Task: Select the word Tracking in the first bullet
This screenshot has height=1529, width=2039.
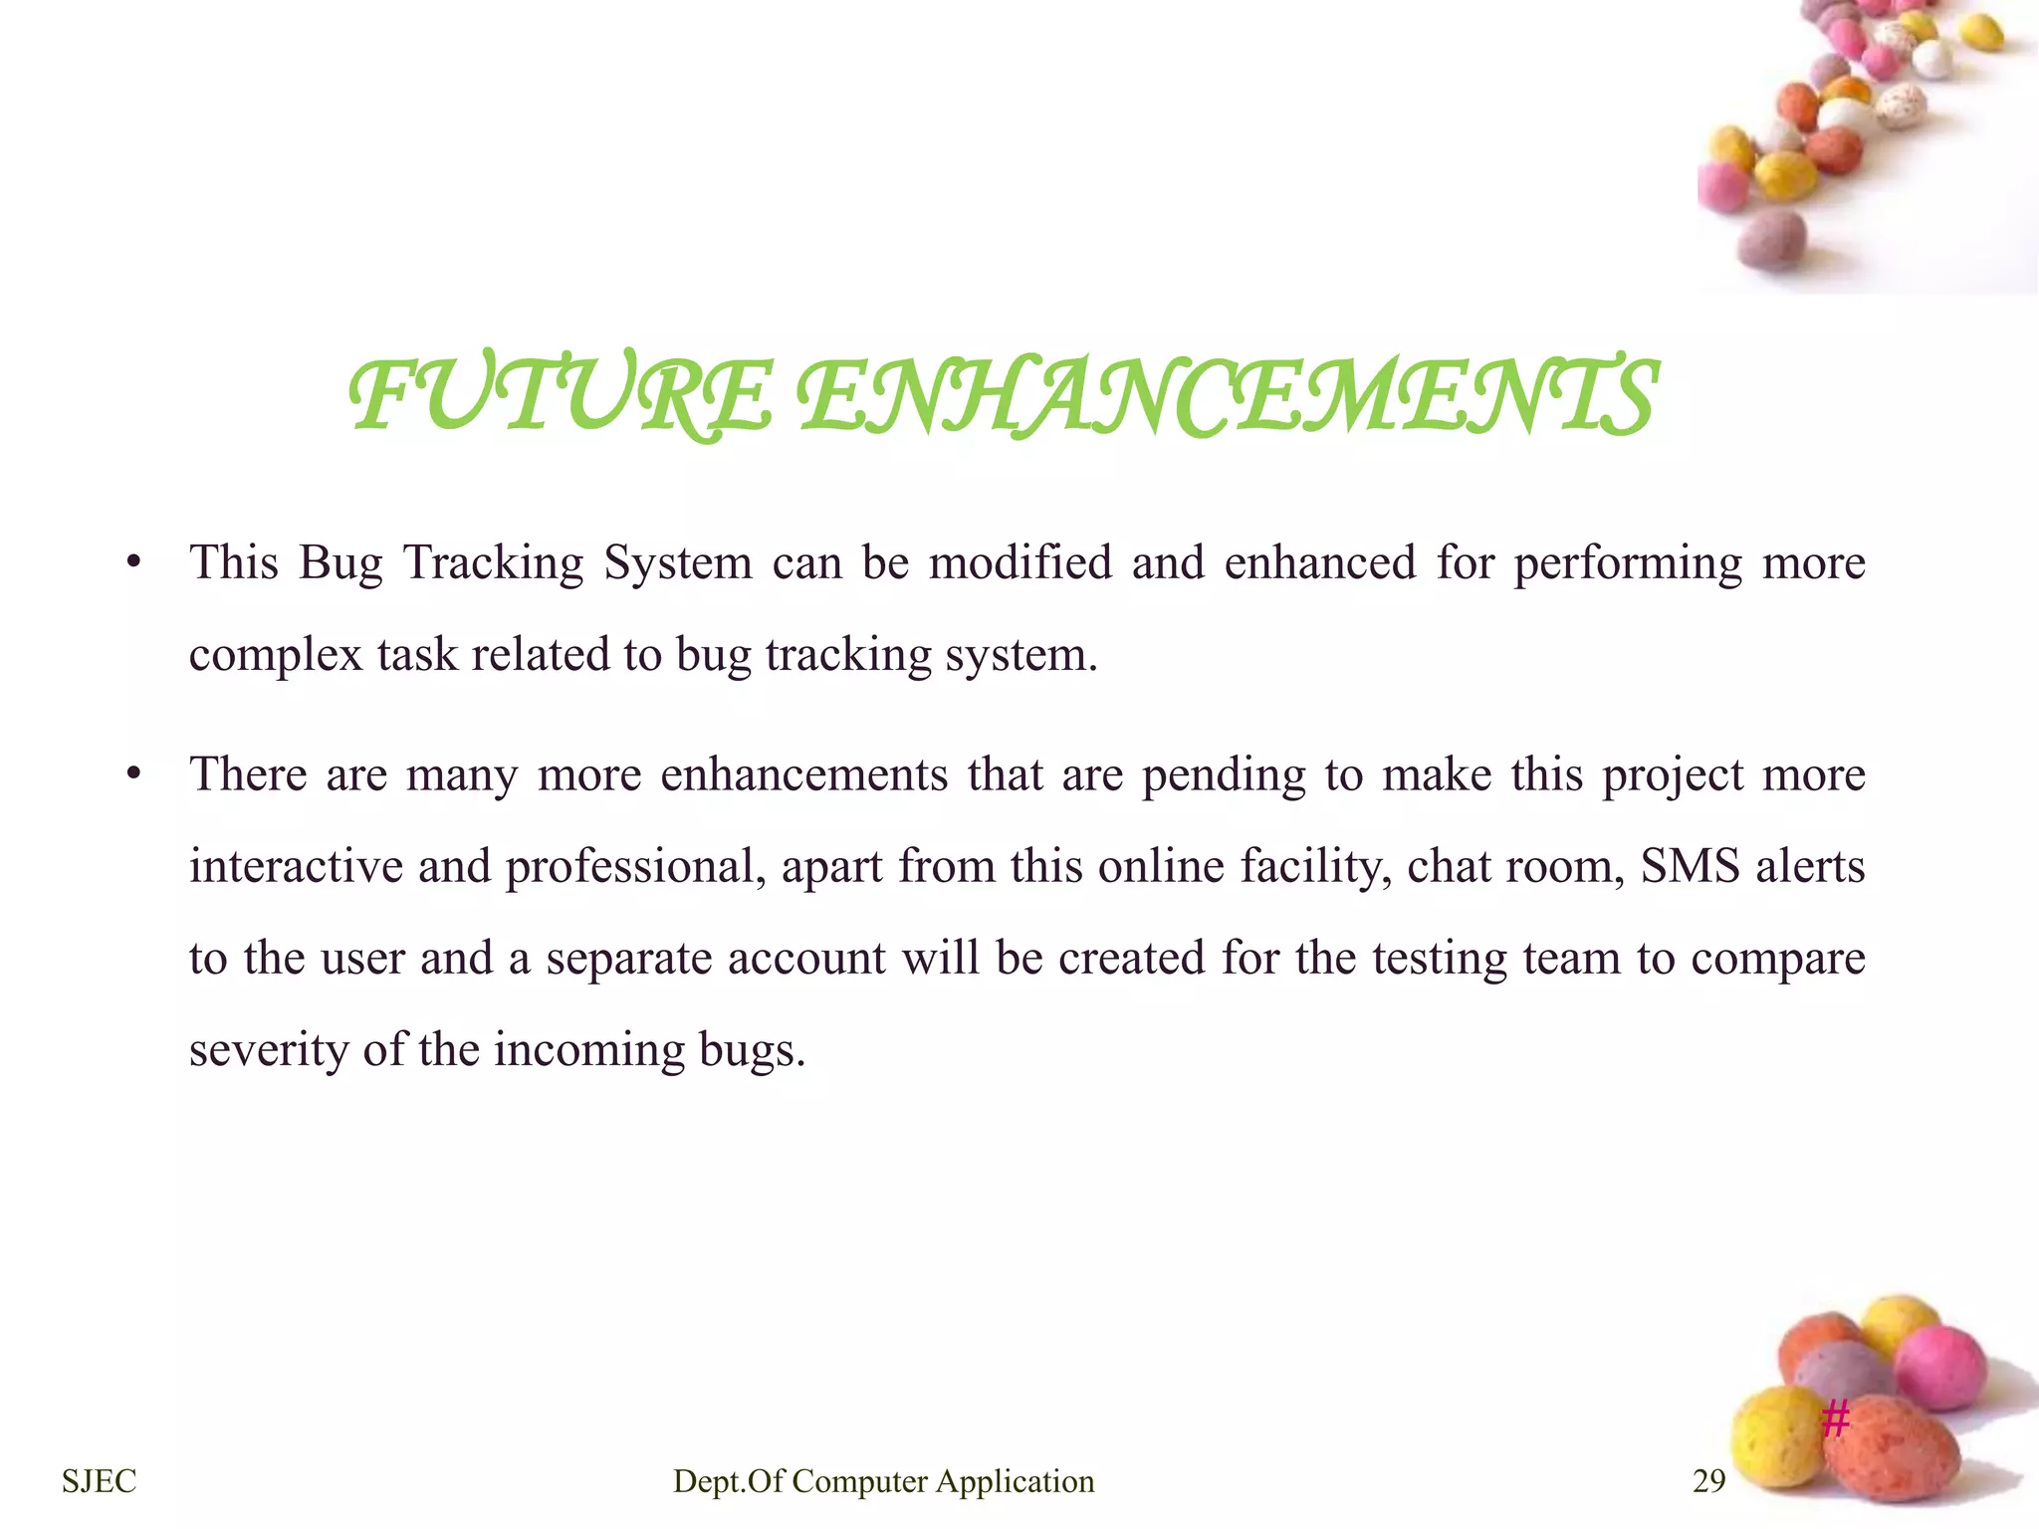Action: point(493,563)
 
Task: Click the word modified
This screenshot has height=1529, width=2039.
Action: point(1019,563)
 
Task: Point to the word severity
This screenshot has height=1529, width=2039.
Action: point(268,1051)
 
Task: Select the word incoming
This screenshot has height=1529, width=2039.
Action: point(588,1051)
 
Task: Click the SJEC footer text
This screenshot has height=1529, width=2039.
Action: point(99,1481)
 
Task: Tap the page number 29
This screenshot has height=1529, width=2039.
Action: point(1708,1481)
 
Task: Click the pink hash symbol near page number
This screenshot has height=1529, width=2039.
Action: point(1835,1418)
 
